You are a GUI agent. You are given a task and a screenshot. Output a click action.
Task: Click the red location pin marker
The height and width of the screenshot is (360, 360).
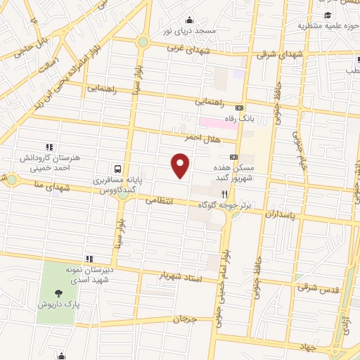point(181,166)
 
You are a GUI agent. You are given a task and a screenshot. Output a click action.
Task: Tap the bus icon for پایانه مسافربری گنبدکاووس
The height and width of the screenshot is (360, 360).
point(118,169)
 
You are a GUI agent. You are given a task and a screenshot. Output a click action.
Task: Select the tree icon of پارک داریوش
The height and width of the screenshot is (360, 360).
point(58,294)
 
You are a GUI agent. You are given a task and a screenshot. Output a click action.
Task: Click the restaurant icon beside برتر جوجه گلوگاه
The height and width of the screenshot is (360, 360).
point(224,194)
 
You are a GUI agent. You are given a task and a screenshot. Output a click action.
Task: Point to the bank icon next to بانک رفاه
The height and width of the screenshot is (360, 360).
point(240,108)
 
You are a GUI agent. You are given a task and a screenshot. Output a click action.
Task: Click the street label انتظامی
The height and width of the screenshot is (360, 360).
point(159,200)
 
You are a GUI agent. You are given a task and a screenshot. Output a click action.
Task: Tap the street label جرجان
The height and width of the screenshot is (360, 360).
point(181,319)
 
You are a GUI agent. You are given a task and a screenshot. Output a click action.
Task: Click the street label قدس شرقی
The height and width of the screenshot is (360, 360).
point(312,287)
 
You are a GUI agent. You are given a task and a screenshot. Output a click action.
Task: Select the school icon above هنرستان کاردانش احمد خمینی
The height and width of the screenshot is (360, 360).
point(49,146)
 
